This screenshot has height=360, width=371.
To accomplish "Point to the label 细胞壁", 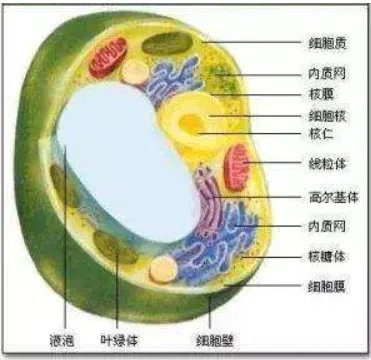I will pos(210,340).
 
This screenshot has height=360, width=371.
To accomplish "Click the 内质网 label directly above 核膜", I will pos(328,72).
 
